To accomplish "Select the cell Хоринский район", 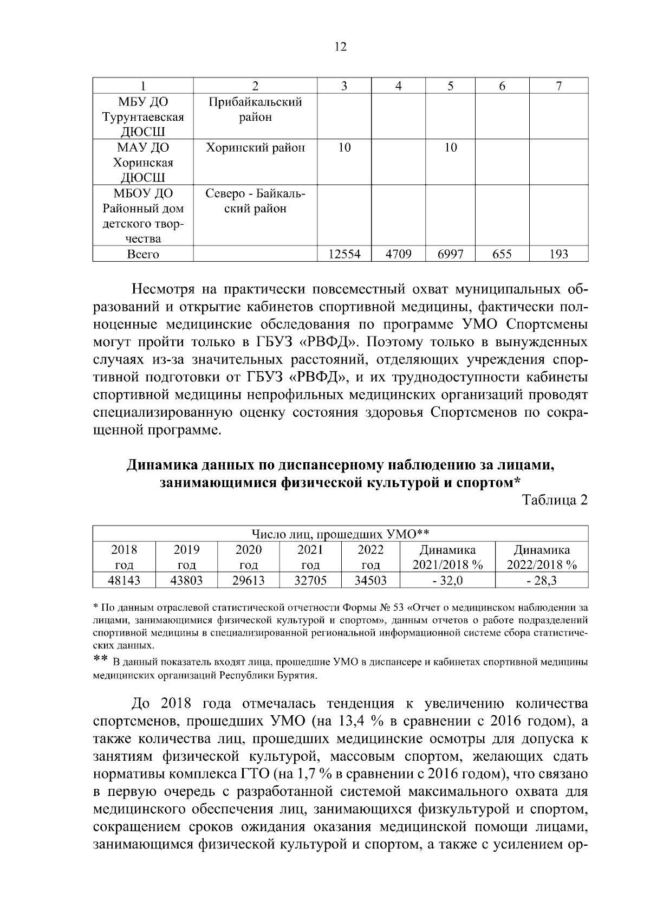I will [255, 147].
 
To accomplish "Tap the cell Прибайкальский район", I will [255, 109].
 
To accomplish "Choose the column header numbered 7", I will [558, 86].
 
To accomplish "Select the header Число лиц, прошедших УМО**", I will [341, 534].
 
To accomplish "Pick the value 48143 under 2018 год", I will [124, 581].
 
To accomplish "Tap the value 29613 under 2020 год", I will [249, 581].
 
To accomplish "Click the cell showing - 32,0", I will [447, 581].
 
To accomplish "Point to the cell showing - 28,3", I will [542, 581].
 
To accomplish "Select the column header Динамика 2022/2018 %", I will [542, 557].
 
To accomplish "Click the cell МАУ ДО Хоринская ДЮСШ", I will [143, 163].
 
